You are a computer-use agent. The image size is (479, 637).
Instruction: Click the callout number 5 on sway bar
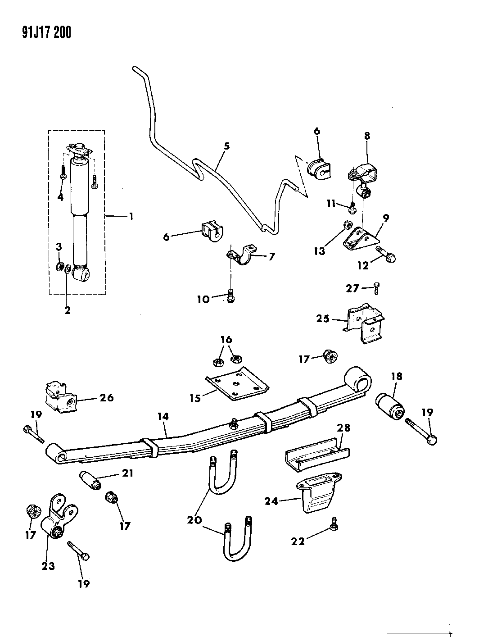(226, 146)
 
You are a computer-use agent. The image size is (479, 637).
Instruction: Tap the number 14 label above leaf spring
(163, 417)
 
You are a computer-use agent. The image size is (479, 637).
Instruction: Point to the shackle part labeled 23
(58, 518)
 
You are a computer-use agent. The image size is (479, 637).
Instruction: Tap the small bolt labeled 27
(377, 287)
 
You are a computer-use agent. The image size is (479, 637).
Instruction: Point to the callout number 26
(107, 397)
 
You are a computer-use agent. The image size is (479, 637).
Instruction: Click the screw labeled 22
(334, 523)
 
